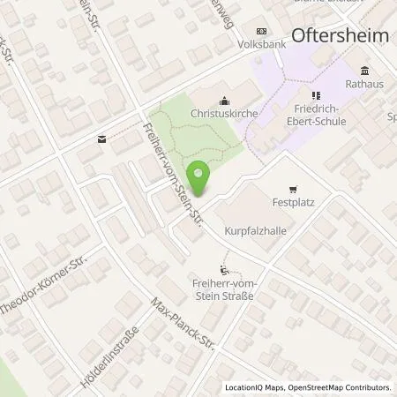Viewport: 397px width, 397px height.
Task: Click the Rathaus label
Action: [363, 85]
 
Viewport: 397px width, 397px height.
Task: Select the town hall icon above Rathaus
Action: [363, 71]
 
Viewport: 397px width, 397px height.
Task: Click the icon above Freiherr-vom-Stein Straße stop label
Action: [223, 269]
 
